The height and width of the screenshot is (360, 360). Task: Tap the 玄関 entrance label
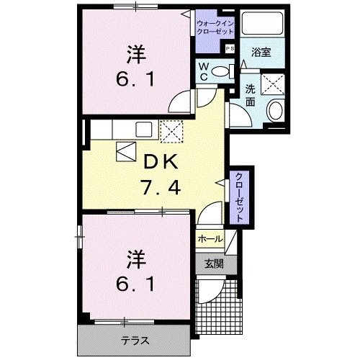tap(210, 264)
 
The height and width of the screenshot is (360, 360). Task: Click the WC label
tap(204, 71)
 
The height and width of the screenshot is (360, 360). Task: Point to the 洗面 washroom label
tap(251, 96)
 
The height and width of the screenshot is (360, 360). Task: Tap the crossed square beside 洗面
tap(275, 84)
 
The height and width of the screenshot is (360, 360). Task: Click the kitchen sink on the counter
tap(143, 130)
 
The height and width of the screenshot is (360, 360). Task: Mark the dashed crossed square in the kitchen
tap(172, 131)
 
